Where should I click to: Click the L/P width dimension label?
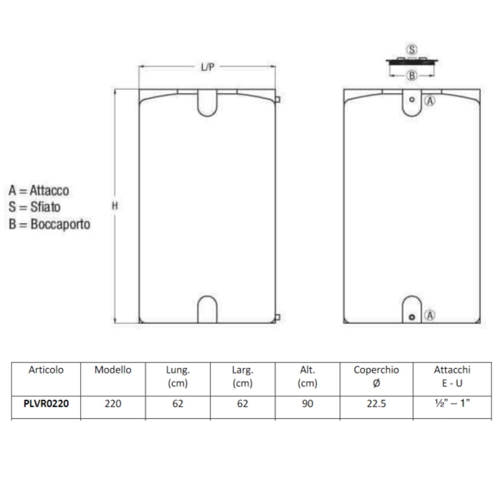[208, 67]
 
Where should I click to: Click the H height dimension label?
[115, 205]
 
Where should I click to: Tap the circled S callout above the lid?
[411, 50]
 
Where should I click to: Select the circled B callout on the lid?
[411, 75]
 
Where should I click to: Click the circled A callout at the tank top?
[430, 100]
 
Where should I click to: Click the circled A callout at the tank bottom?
[430, 315]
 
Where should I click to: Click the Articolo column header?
[47, 370]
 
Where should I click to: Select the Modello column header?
[113, 370]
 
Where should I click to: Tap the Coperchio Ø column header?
[376, 376]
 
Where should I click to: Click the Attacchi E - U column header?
[452, 376]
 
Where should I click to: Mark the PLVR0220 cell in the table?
[47, 404]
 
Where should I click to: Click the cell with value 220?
[113, 404]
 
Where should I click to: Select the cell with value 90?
[307, 404]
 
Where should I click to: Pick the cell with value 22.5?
[376, 404]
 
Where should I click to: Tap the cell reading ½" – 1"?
[452, 404]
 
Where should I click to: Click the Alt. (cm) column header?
[307, 376]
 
